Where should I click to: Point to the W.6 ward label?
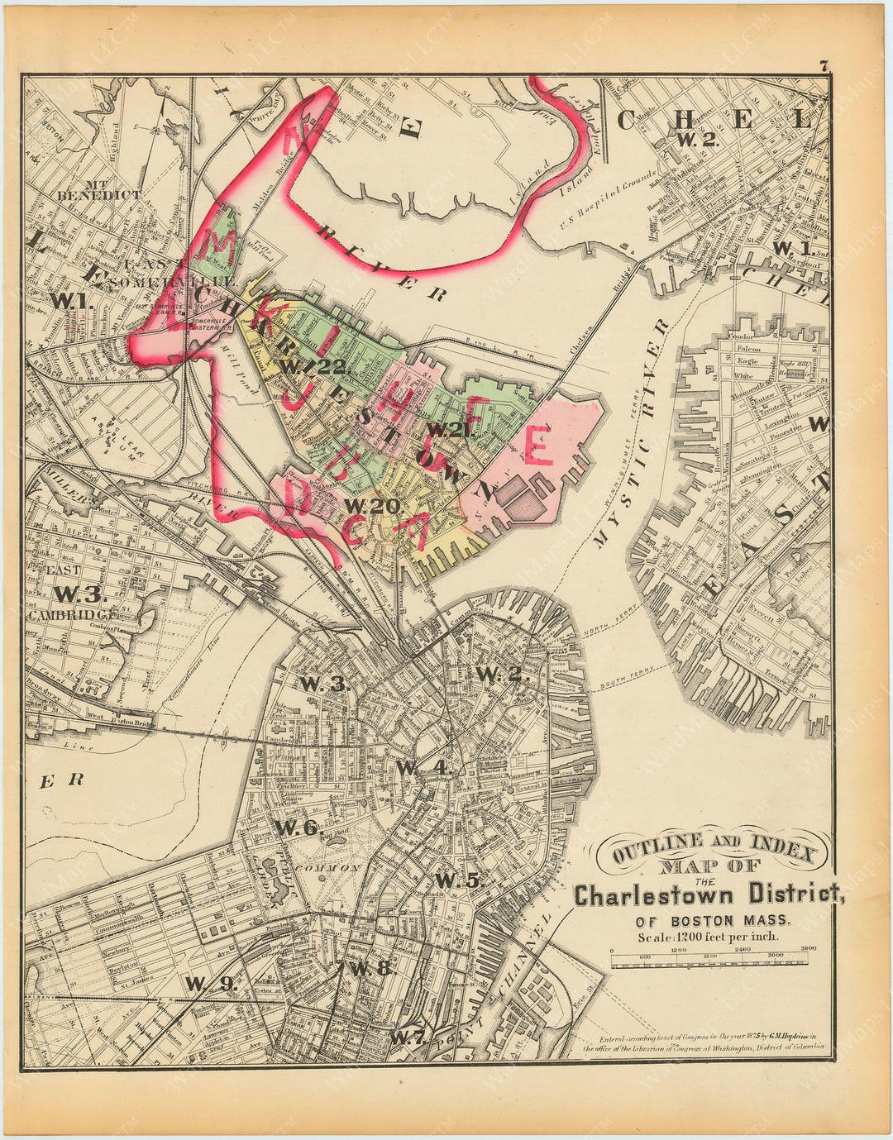coord(296,827)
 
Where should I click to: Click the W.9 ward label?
coord(211,983)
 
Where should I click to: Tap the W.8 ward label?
coord(369,969)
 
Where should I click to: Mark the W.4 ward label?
coord(423,767)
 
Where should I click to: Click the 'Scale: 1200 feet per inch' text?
coord(708,937)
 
